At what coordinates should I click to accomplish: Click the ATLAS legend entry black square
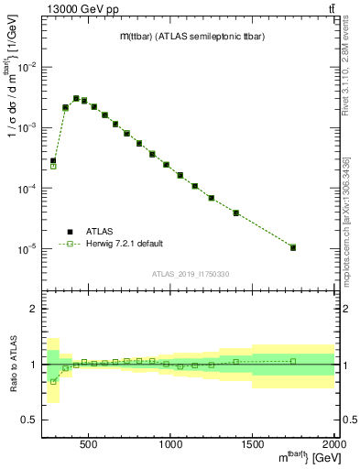69,231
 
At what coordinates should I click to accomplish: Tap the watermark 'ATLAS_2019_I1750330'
190,274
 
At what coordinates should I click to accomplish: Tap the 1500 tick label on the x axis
253,444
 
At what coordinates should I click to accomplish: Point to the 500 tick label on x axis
89,444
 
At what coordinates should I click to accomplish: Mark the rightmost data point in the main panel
293,247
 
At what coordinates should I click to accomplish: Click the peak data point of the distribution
76,98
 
